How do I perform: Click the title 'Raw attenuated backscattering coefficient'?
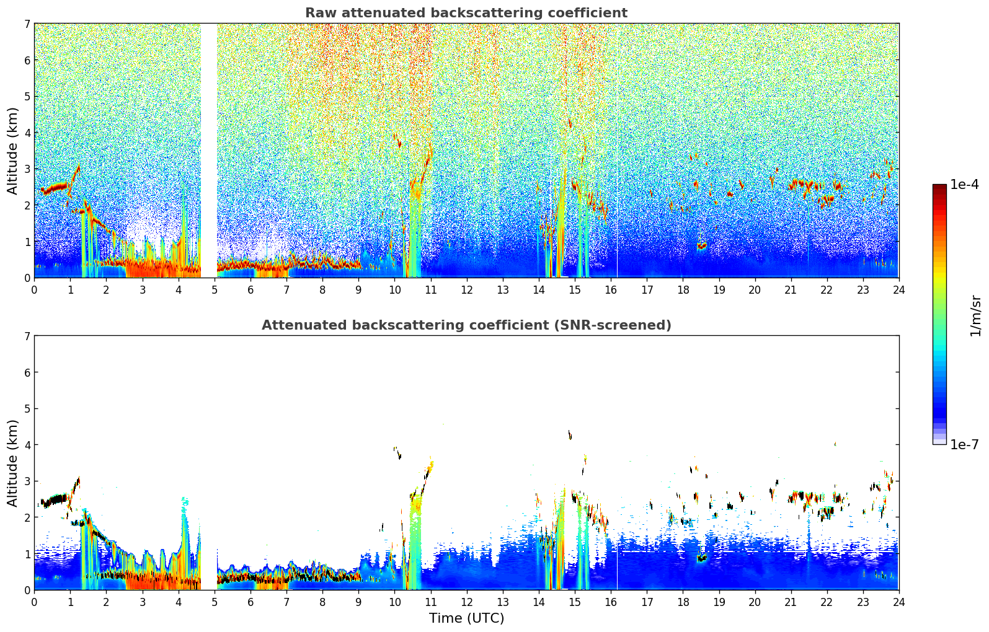[x=466, y=13]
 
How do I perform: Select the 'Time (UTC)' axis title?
[x=466, y=618]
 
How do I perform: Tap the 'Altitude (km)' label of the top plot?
[x=13, y=151]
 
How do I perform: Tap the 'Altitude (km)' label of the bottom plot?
[x=13, y=463]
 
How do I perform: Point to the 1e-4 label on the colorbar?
[x=964, y=185]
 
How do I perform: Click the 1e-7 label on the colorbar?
[x=964, y=444]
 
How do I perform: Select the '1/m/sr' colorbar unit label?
[x=975, y=315]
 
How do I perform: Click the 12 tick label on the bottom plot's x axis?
[x=466, y=602]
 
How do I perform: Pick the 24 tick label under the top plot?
[x=898, y=289]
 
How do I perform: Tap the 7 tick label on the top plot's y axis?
[x=27, y=24]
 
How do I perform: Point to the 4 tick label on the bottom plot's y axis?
[x=27, y=445]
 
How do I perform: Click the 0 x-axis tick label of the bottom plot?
[x=34, y=602]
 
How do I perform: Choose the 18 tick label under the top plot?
[x=683, y=289]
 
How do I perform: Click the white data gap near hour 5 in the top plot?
[x=209, y=149]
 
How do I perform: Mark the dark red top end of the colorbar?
[x=939, y=187]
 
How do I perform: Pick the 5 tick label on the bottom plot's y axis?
[x=27, y=409]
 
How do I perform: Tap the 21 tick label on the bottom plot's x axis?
[x=791, y=602]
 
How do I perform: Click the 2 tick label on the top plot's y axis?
[x=27, y=205]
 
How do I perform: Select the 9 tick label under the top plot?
[x=358, y=289]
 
